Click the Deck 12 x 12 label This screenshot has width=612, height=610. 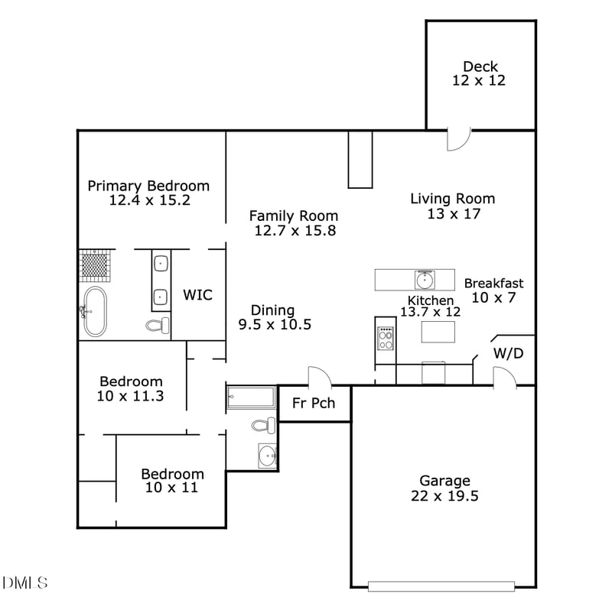click(480, 73)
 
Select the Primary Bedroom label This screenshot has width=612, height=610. click(148, 193)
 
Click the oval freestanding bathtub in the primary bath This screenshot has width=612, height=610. click(96, 311)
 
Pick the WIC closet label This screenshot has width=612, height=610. click(197, 295)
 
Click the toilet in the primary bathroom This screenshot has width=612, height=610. click(158, 326)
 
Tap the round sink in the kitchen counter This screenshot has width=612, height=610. click(424, 279)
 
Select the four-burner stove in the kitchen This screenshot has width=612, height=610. click(386, 338)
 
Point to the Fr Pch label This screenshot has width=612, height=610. click(314, 403)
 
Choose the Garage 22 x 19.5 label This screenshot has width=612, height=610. click(444, 488)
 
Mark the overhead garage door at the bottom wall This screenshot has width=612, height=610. click(444, 586)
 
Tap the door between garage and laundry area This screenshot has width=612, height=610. click(503, 377)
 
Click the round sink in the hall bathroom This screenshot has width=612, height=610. click(268, 456)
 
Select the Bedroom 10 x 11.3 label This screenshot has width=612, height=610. click(132, 388)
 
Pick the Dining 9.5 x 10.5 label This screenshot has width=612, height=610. click(273, 316)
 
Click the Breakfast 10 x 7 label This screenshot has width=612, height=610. click(493, 290)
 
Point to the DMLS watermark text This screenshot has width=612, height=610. click(25, 583)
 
